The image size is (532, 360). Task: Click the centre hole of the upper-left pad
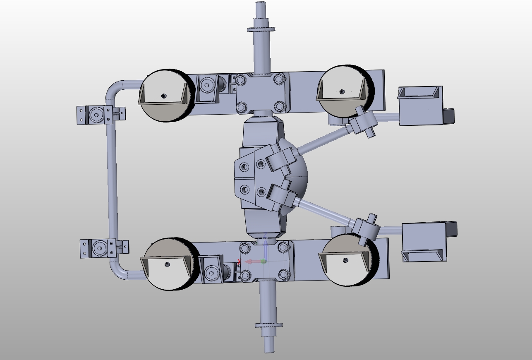point(164,96)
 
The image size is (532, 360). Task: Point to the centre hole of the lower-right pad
point(345,260)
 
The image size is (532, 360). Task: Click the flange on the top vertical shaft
point(261,29)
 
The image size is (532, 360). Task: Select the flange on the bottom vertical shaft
point(268,325)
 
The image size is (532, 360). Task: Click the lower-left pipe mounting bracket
point(99,248)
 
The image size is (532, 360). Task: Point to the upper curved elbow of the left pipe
point(115,89)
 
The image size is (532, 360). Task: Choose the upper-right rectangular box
point(420,106)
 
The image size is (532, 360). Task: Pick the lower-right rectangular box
point(424,242)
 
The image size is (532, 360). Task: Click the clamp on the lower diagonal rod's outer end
point(366,228)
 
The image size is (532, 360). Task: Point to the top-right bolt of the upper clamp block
point(279,78)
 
